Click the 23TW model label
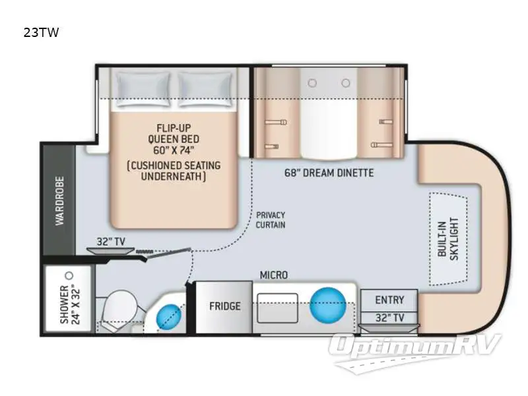pyautogui.click(x=41, y=32)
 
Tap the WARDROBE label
pyautogui.click(x=59, y=201)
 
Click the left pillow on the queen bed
pyautogui.click(x=143, y=90)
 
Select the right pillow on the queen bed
pyautogui.click(x=205, y=90)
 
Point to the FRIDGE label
pyautogui.click(x=225, y=306)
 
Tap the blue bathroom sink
pyautogui.click(x=169, y=317)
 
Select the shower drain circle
pyautogui.click(x=69, y=276)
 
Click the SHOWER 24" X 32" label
pyautogui.click(x=70, y=306)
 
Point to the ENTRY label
pyautogui.click(x=389, y=300)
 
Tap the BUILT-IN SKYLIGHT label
pyautogui.click(x=448, y=239)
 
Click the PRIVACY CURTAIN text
pyautogui.click(x=271, y=220)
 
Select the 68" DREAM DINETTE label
pyautogui.click(x=329, y=173)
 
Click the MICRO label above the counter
pyautogui.click(x=274, y=275)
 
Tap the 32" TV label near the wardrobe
pyautogui.click(x=111, y=242)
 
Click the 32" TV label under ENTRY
pyautogui.click(x=389, y=317)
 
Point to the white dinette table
pyautogui.click(x=328, y=114)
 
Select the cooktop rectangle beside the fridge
pyautogui.click(x=278, y=308)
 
